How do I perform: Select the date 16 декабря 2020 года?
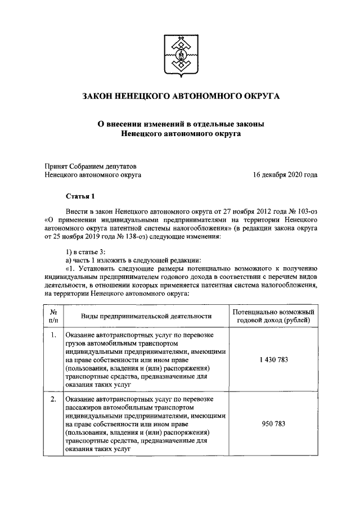285,175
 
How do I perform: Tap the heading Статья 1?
81,195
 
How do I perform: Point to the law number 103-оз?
304,209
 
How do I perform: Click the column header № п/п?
52,316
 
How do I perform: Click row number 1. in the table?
52,336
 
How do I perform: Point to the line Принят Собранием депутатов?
90,166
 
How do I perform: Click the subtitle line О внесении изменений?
181,123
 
